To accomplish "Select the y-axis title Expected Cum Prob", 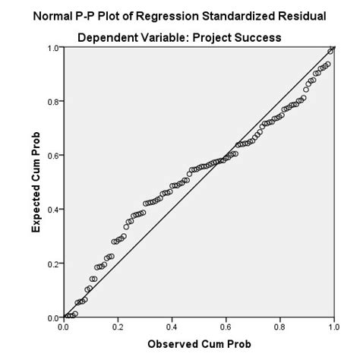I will (36, 183).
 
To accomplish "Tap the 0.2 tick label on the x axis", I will (118, 327).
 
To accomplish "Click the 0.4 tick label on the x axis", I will (172, 327).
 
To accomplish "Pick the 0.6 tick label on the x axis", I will (226, 327).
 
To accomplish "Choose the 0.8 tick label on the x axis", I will (279, 327).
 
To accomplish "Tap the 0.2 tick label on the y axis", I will (52, 264).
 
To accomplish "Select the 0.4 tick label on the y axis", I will (52, 210).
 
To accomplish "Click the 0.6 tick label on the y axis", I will (52, 156).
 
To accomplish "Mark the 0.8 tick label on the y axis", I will (52, 102).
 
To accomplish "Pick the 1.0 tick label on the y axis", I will (52, 48).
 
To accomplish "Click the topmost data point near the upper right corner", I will (330, 52).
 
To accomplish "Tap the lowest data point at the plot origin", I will (66, 316).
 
